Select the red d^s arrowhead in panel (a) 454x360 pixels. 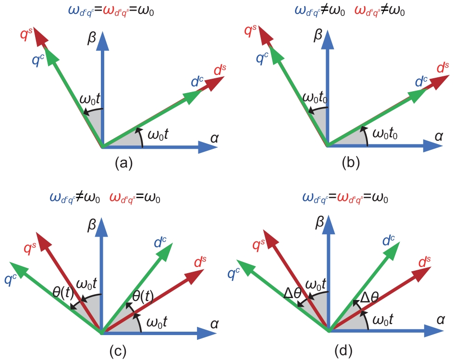[x=214, y=84]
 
